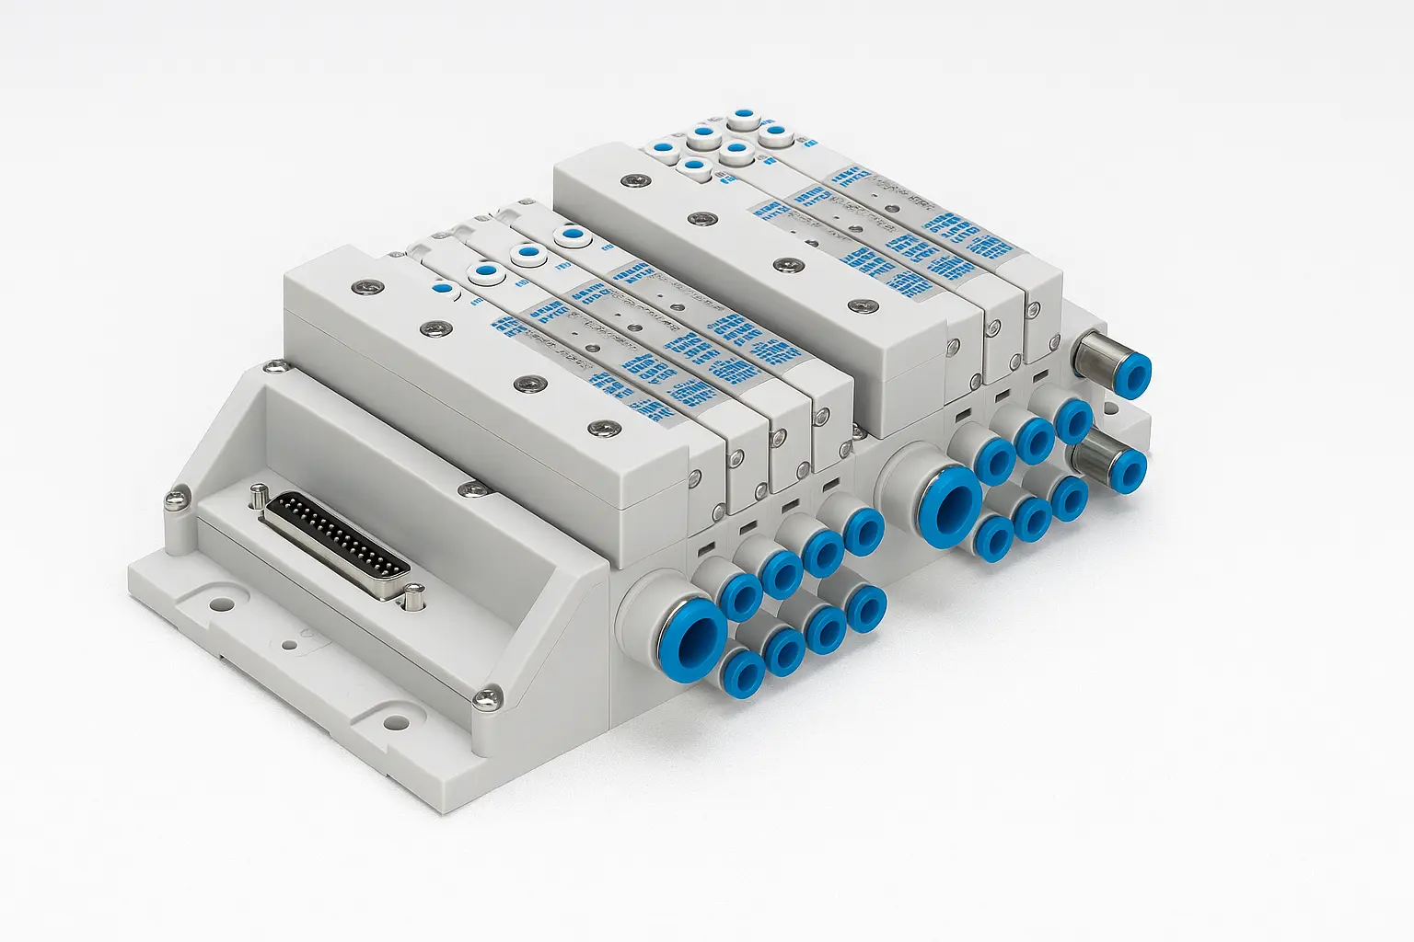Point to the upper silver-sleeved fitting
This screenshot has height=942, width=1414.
[1118, 364]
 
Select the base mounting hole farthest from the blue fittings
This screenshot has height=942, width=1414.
[222, 605]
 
